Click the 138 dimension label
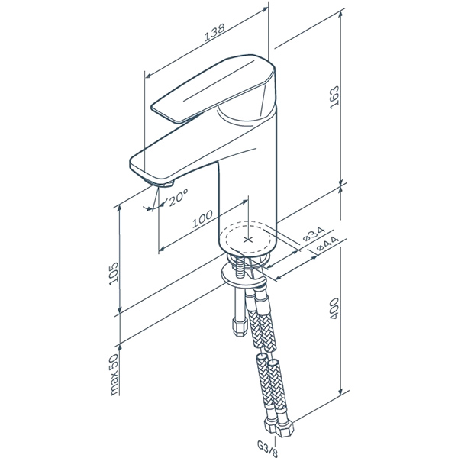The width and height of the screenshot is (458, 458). pyautogui.click(x=214, y=31)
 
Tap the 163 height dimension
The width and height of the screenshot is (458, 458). pyautogui.click(x=334, y=97)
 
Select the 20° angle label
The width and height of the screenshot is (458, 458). pyautogui.click(x=177, y=198)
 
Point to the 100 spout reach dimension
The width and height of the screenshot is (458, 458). pyautogui.click(x=202, y=218)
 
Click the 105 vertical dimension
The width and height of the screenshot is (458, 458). pyautogui.click(x=114, y=274)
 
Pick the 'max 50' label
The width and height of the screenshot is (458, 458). pyautogui.click(x=114, y=375)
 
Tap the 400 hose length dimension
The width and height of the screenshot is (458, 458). pyautogui.click(x=334, y=308)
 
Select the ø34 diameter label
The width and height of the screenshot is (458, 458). pyautogui.click(x=314, y=234)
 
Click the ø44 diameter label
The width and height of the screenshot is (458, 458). pyautogui.click(x=327, y=244)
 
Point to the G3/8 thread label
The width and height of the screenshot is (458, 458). pyautogui.click(x=267, y=448)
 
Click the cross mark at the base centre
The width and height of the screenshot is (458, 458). pyautogui.click(x=248, y=240)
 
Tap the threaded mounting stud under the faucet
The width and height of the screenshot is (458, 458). pyautogui.click(x=240, y=268)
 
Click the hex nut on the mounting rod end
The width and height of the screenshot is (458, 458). pyautogui.click(x=240, y=327)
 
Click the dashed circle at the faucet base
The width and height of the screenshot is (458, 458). pyautogui.click(x=247, y=237)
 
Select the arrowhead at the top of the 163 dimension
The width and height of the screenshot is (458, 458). pyautogui.click(x=340, y=15)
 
